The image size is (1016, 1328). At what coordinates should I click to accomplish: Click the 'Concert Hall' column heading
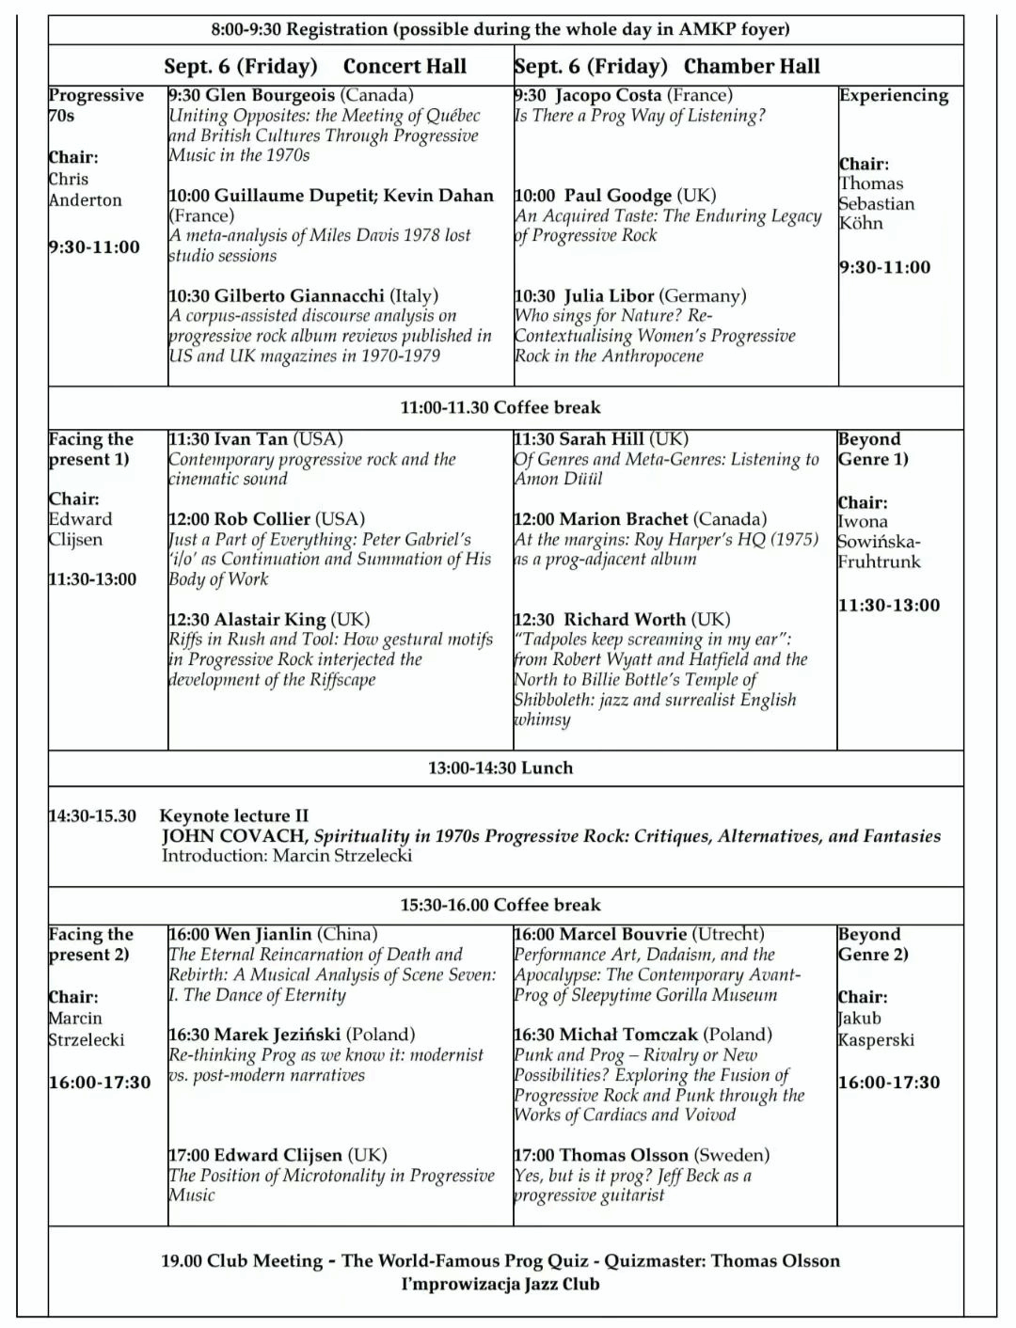pyautogui.click(x=405, y=66)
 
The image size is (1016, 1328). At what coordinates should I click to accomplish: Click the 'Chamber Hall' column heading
pyautogui.click(x=752, y=66)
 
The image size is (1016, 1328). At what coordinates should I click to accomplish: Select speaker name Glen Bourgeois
pyautogui.click(x=270, y=95)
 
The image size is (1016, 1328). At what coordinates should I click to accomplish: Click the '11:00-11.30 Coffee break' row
pyautogui.click(x=500, y=407)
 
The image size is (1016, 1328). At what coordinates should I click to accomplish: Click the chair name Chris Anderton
pyautogui.click(x=85, y=189)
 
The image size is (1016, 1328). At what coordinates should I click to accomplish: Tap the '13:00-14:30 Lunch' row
pyautogui.click(x=500, y=767)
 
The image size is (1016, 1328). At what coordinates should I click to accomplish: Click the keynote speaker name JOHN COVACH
pyautogui.click(x=233, y=836)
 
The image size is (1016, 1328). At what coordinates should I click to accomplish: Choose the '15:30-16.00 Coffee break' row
pyautogui.click(x=500, y=905)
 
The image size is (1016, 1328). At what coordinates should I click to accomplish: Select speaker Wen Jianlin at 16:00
pyautogui.click(x=262, y=935)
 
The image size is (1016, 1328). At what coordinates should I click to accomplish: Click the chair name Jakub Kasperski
pyautogui.click(x=876, y=1029)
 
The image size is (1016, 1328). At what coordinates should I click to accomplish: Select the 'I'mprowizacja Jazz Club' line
pyautogui.click(x=500, y=1284)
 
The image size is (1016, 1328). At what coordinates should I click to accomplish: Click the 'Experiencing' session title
pyautogui.click(x=894, y=95)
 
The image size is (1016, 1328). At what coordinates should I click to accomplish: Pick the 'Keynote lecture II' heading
pyautogui.click(x=234, y=815)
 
